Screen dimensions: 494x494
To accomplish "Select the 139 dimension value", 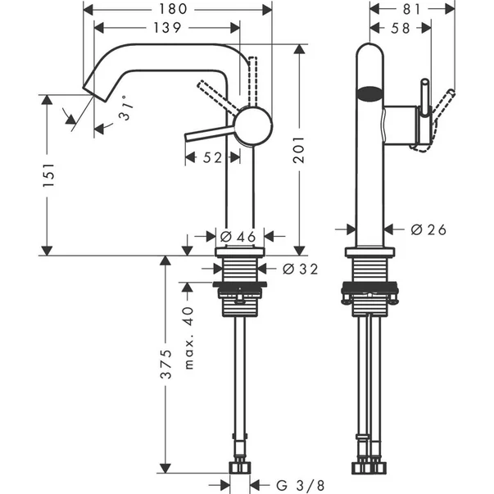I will (166, 28).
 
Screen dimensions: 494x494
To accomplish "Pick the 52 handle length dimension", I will (211, 158).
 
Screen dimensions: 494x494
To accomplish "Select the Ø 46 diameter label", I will (235, 237).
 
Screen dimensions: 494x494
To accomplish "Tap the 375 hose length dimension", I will (165, 364).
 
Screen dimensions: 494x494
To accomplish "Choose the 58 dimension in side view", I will (401, 28).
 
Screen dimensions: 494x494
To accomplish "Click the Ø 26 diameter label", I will (428, 230).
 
